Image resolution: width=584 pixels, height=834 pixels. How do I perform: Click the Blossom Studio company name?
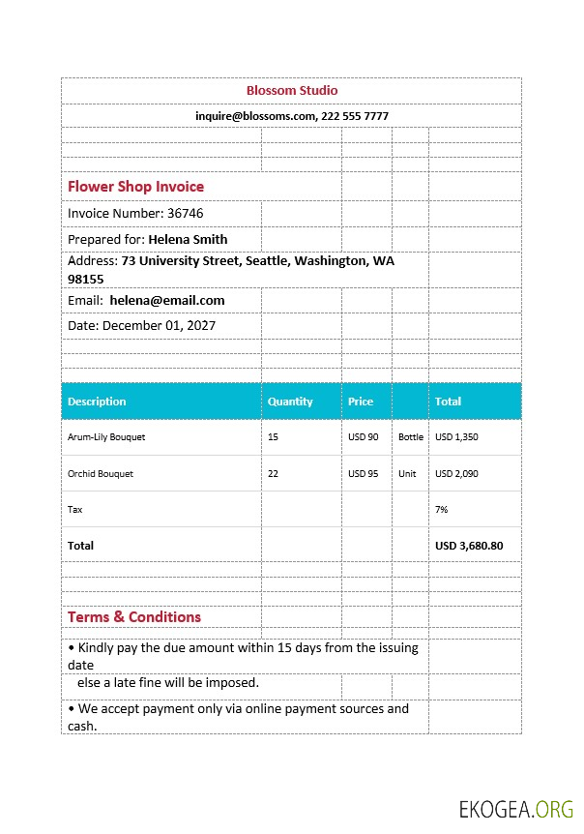click(292, 91)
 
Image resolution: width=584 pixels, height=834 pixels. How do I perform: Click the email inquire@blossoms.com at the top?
click(256, 116)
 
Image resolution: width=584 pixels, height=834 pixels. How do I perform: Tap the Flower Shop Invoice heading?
click(135, 187)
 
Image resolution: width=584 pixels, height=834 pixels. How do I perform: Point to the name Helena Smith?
click(188, 239)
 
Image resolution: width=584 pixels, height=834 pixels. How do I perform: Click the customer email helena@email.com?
click(167, 301)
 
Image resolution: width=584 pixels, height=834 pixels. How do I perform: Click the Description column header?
click(97, 402)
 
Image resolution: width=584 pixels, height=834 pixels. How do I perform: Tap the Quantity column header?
click(290, 402)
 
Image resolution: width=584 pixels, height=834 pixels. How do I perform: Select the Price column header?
click(361, 402)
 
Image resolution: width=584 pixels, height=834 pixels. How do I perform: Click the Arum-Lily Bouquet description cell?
click(106, 437)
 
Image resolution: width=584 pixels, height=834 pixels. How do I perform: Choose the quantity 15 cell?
click(273, 437)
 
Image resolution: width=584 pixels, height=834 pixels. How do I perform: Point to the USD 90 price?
click(364, 437)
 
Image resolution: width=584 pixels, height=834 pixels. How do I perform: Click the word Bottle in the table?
click(411, 437)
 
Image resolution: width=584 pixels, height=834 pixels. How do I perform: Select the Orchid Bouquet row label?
click(101, 474)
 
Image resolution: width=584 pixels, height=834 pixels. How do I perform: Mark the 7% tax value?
click(442, 509)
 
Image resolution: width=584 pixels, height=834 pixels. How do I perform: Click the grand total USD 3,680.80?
click(469, 546)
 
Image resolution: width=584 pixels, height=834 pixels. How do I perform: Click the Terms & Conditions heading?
click(134, 617)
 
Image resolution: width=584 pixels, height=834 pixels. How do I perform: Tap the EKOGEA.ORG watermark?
click(516, 809)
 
